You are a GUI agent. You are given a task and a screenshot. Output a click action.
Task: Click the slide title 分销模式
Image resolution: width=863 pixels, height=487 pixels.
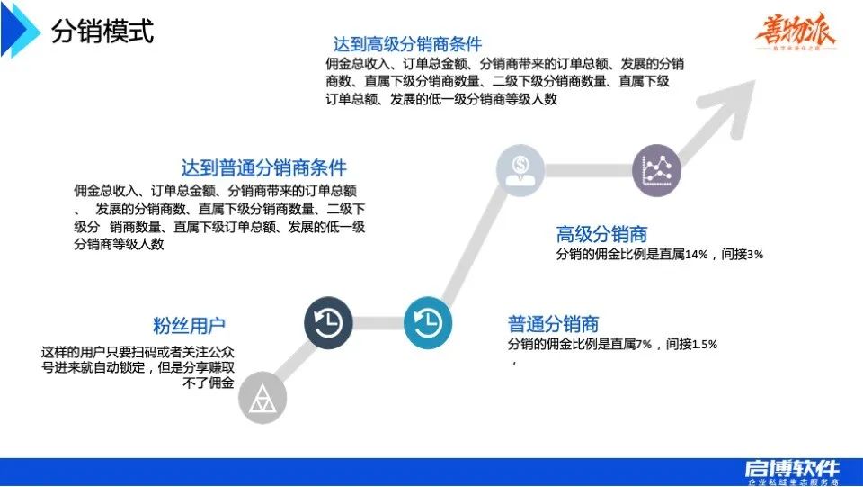(x=102, y=32)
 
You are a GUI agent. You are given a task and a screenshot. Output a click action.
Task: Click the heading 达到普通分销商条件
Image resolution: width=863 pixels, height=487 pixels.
(x=263, y=167)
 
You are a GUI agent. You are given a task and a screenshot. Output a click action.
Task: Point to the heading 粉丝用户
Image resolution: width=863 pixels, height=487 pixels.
(x=189, y=325)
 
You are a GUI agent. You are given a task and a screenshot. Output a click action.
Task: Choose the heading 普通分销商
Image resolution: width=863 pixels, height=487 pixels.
(x=553, y=324)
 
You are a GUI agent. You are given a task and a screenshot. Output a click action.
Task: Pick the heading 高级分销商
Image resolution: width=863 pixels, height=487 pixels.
(x=601, y=235)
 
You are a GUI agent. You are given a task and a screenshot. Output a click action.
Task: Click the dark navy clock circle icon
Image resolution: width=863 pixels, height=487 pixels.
(x=328, y=322)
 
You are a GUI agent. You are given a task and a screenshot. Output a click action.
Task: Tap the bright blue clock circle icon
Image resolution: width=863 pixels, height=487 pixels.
(x=428, y=322)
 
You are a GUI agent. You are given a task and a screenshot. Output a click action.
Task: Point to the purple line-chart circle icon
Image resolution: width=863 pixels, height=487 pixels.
(x=657, y=169)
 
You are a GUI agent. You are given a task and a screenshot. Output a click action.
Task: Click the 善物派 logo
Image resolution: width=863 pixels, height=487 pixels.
(x=796, y=33)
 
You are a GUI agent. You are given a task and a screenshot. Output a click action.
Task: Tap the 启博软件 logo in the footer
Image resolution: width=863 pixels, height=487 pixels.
(x=791, y=467)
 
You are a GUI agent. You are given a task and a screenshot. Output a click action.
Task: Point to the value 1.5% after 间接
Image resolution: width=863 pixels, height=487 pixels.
(x=705, y=344)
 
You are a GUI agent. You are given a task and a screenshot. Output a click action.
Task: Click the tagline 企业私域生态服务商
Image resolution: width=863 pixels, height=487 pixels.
(x=792, y=482)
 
